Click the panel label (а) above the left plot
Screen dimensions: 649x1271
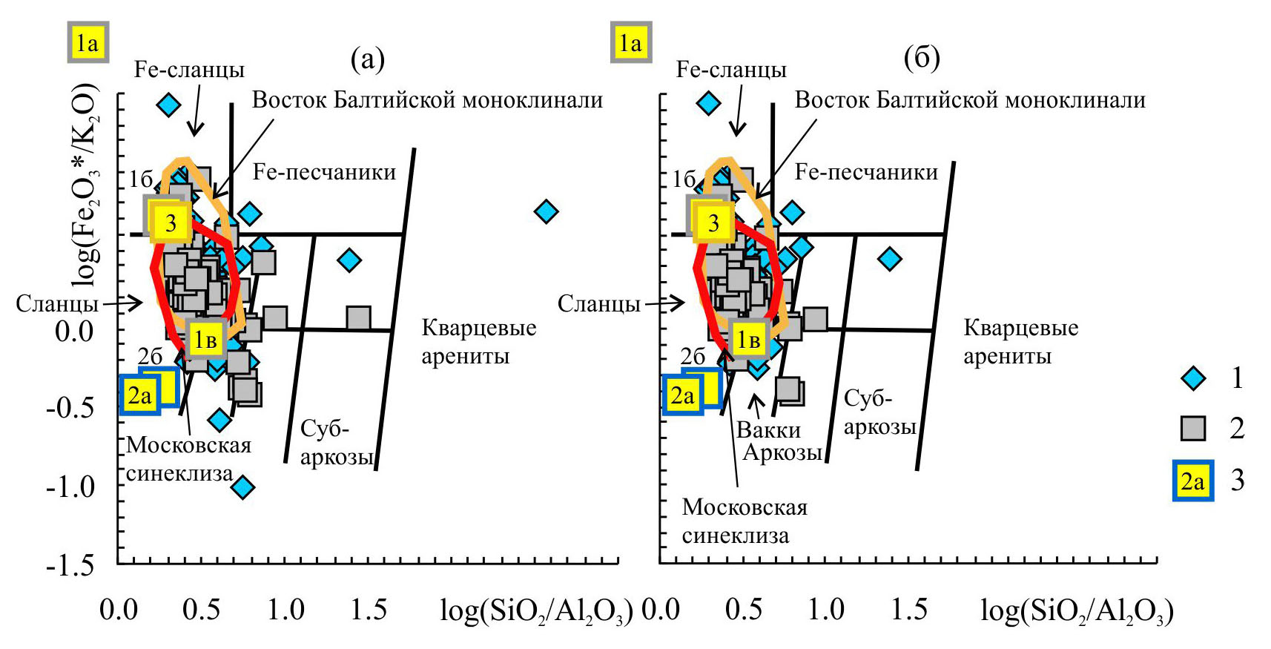pos(367,59)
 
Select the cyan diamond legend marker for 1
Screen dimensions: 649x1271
pos(1193,379)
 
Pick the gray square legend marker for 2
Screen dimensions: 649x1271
pos(1193,428)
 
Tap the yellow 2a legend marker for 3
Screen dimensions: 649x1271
pos(1192,481)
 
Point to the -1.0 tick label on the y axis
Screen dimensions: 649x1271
pos(70,487)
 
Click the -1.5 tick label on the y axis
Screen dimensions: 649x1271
pos(70,566)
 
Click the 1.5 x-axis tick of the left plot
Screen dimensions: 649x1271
pos(369,610)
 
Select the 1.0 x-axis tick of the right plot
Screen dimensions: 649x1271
pos(826,610)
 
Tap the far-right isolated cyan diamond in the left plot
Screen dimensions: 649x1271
pos(547,212)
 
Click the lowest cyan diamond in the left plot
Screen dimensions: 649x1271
pos(242,487)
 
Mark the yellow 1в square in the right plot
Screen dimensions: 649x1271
pos(747,340)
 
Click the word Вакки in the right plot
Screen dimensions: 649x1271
pos(768,429)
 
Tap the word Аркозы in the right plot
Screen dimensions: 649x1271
pos(782,452)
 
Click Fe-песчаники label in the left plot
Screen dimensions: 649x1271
pos(324,172)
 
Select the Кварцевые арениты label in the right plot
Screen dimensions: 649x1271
pos(1020,342)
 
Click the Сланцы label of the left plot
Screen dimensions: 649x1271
pos(57,303)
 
